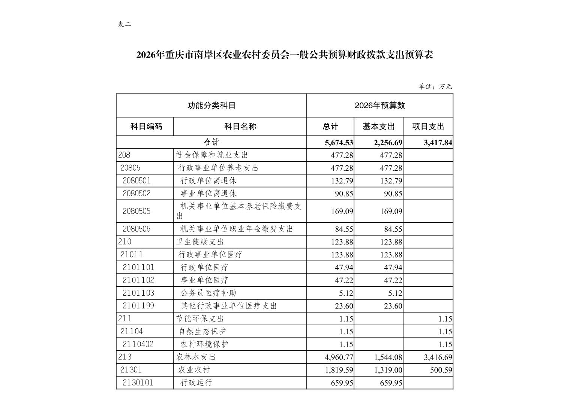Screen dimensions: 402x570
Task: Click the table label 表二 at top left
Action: pos(124,25)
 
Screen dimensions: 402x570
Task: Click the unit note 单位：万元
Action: pos(435,86)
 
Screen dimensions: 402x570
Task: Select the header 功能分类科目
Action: pos(211,106)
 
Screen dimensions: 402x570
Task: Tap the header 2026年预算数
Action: pos(379,106)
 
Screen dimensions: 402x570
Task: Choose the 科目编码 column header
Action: pos(146,127)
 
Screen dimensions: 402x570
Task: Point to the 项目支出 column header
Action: pos(428,127)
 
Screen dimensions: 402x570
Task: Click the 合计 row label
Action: pos(211,142)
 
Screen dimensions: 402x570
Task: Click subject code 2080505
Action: pos(136,211)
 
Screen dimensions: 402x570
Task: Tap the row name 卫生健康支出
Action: pos(200,242)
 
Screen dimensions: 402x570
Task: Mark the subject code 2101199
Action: pos(138,306)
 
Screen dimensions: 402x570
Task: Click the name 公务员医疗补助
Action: pos(208,293)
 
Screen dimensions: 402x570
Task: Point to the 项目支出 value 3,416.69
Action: pos(438,357)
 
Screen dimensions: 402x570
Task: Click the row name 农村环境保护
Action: pos(204,344)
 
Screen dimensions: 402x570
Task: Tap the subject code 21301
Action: pos(131,370)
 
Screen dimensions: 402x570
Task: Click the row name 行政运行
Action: pos(196,383)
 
